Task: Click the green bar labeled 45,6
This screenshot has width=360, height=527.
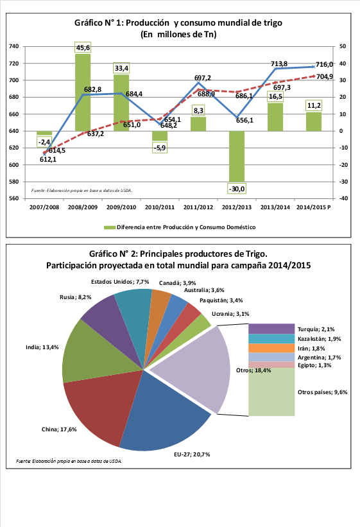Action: (83, 92)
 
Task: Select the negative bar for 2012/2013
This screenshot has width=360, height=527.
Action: (237, 156)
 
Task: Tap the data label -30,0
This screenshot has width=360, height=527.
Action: (237, 189)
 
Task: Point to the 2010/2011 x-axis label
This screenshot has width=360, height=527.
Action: (160, 207)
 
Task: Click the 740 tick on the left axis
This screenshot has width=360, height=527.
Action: (13, 46)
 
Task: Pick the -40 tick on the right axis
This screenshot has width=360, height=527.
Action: (343, 198)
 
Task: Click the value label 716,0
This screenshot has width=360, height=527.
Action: (324, 65)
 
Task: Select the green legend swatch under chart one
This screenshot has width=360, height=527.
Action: (110, 227)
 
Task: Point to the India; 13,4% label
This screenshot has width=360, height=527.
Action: (42, 347)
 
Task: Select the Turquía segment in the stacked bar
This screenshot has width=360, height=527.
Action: (271, 329)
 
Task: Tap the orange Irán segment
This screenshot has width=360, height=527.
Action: (271, 348)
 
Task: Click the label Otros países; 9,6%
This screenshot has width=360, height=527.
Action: (323, 392)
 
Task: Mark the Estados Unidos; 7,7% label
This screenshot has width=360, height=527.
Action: (120, 282)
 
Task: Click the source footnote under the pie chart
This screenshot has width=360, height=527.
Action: (69, 461)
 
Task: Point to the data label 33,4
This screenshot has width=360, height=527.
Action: (121, 68)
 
